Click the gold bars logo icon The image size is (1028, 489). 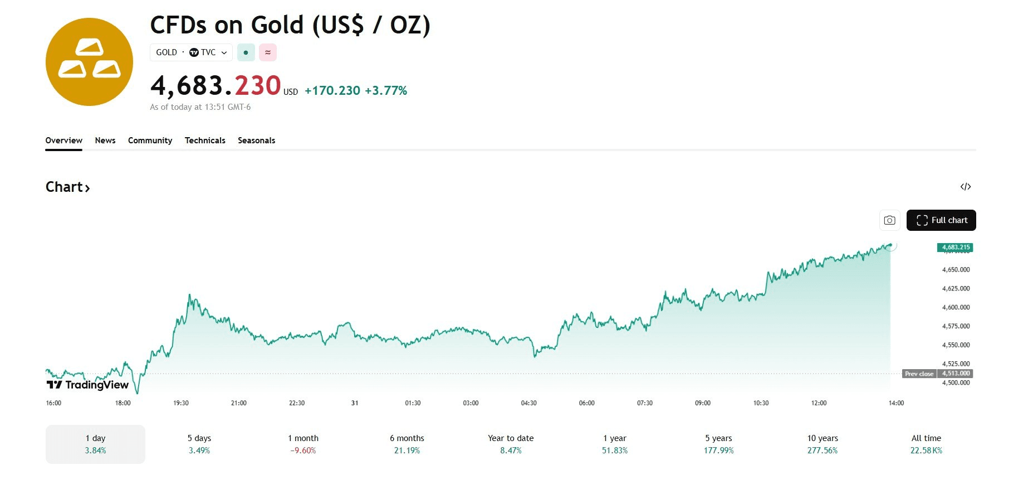89,62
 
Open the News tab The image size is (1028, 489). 105,141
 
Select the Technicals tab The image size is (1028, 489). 205,141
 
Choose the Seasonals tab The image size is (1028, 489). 256,141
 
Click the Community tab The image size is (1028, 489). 150,141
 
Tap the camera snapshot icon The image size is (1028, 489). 889,220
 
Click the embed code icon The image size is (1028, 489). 966,187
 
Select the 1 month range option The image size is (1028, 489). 303,444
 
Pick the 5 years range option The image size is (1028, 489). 718,444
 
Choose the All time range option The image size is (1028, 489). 926,444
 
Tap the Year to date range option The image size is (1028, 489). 511,444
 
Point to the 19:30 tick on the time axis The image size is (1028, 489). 181,403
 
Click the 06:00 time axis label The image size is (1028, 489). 586,403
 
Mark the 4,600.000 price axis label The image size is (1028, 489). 956,307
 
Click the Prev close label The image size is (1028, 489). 919,374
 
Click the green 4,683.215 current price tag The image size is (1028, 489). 956,247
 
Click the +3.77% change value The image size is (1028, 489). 386,90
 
